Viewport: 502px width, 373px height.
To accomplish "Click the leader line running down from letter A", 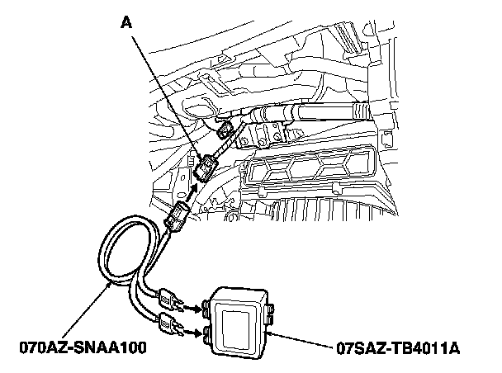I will [x=165, y=95].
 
